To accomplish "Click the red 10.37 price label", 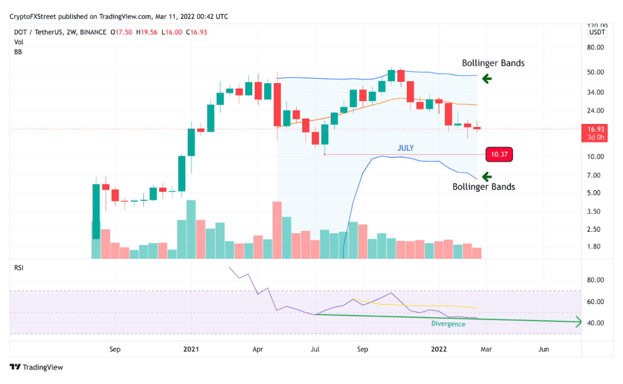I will (499, 155).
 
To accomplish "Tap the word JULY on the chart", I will (406, 148).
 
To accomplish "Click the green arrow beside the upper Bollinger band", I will (487, 78).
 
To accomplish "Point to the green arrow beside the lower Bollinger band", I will (487, 176).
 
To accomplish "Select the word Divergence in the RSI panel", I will (448, 324).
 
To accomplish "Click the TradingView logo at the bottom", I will (36, 367).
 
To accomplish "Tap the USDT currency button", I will (597, 32).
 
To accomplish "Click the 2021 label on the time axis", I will (191, 350).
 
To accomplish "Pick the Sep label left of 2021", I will (115, 350).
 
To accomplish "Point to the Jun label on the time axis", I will (544, 350).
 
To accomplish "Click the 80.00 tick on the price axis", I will (597, 48).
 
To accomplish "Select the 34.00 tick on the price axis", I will (597, 93).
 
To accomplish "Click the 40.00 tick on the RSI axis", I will (597, 323).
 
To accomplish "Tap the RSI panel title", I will (18, 268).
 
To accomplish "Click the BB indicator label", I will (18, 52).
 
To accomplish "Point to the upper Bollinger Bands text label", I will (493, 63).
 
